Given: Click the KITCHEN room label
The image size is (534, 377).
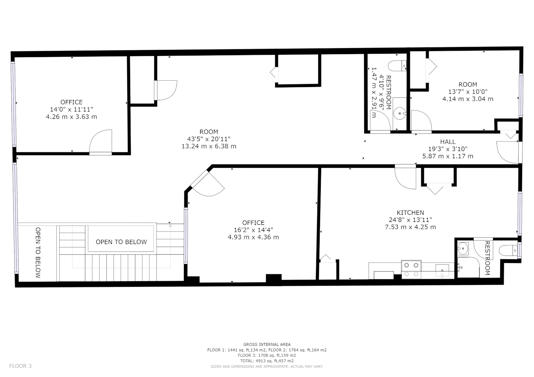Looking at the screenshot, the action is click(x=410, y=213).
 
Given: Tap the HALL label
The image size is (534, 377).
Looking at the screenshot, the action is click(x=448, y=142).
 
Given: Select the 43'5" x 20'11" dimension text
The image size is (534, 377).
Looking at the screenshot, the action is click(x=209, y=139).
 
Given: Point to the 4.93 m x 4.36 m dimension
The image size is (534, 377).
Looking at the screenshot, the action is click(x=253, y=237).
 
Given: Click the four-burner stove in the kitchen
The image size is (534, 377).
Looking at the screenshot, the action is click(x=411, y=270).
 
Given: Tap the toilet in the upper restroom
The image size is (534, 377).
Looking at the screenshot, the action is click(x=397, y=66).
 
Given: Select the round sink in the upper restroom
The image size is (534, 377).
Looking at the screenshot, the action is click(x=400, y=113).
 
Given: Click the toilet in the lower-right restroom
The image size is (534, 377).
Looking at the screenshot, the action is click(x=508, y=251).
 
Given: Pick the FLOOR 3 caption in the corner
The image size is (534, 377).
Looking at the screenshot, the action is click(x=20, y=366).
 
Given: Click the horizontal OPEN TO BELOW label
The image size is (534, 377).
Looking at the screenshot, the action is click(x=121, y=242).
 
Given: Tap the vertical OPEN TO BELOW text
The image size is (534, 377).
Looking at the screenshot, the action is click(x=38, y=253).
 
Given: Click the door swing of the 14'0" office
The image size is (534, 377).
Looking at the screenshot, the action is click(x=100, y=141).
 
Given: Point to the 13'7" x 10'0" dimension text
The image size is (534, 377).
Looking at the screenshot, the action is click(x=468, y=91).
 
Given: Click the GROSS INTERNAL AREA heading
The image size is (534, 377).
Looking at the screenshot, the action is click(x=267, y=344).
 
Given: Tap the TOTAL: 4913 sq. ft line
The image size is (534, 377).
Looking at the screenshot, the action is click(x=267, y=361).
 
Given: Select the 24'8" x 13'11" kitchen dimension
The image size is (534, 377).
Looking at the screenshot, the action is click(x=410, y=220).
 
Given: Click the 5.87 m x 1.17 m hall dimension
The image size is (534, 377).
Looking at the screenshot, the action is click(x=448, y=156).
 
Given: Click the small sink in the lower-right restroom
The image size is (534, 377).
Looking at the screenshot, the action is click(x=463, y=248).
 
